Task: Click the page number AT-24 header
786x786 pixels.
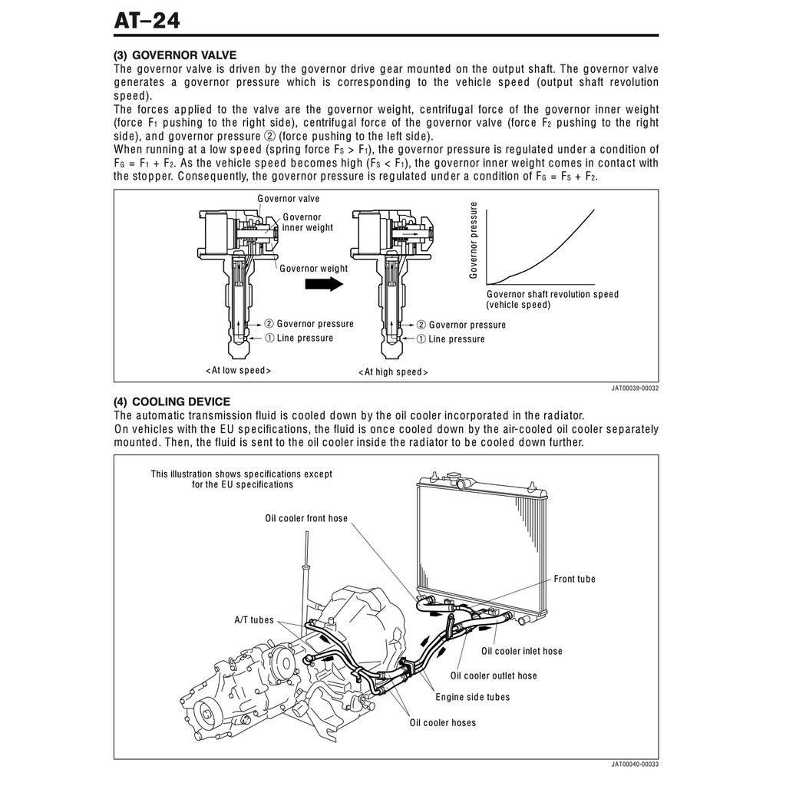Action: coord(147,20)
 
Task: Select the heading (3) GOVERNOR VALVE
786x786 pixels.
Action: coord(175,55)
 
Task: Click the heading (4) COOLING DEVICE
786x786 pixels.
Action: coord(172,401)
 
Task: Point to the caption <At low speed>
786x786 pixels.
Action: coord(238,370)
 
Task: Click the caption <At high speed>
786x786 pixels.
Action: coord(393,372)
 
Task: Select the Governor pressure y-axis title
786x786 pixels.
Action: coord(474,239)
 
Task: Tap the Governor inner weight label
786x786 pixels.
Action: coord(307,223)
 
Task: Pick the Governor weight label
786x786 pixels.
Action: coord(313,269)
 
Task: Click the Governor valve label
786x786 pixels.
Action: coord(289,199)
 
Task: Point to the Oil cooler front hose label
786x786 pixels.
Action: coord(306,519)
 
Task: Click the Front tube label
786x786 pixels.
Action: coord(574,579)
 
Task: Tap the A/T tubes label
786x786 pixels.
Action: coord(253,619)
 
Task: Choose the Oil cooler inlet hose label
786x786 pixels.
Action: coord(521,651)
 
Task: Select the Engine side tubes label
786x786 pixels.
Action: coord(472,697)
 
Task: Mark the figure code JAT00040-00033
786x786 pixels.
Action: coord(635,765)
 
